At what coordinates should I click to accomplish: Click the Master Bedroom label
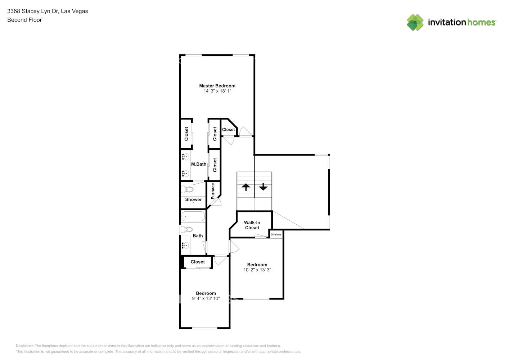click(217, 86)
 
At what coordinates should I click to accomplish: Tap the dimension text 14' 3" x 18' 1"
click(217, 91)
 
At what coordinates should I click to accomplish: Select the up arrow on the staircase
click(246, 187)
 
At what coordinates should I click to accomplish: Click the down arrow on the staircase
click(263, 187)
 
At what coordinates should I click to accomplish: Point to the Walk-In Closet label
click(252, 225)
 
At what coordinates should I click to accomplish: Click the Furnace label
click(213, 191)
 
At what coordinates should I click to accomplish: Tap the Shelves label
click(276, 234)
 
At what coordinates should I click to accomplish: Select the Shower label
click(193, 199)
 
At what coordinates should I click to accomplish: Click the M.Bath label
click(199, 164)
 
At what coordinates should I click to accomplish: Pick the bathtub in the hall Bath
click(193, 216)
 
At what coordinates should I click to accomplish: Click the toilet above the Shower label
click(187, 189)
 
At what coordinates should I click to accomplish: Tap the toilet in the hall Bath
click(186, 229)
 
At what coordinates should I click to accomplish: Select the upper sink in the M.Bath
click(185, 157)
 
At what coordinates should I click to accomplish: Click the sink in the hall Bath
click(185, 246)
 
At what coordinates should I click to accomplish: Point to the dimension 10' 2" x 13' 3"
click(257, 270)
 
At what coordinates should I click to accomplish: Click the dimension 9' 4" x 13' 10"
click(206, 298)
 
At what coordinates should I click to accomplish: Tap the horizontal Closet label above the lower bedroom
click(198, 262)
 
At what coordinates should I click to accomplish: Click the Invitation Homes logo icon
click(415, 22)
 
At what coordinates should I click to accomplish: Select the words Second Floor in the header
click(24, 20)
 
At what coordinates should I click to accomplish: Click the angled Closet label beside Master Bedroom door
click(228, 130)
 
